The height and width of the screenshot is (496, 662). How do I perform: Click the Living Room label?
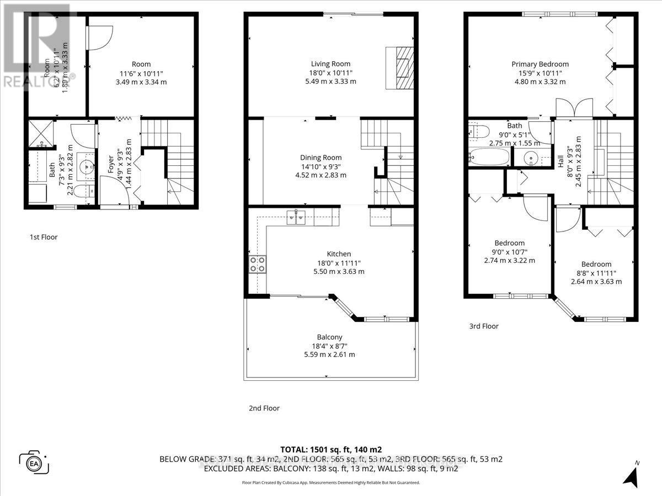(x=330, y=64)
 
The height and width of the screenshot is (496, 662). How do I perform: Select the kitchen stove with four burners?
(x=257, y=264)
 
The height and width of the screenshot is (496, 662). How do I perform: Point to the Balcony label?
(x=329, y=337)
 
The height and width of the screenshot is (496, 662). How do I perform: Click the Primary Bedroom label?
(x=540, y=64)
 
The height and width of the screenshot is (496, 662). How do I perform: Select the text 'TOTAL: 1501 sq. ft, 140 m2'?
(x=331, y=449)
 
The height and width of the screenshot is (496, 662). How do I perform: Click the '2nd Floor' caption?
(x=264, y=408)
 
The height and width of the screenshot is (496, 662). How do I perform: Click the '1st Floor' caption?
(x=43, y=237)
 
